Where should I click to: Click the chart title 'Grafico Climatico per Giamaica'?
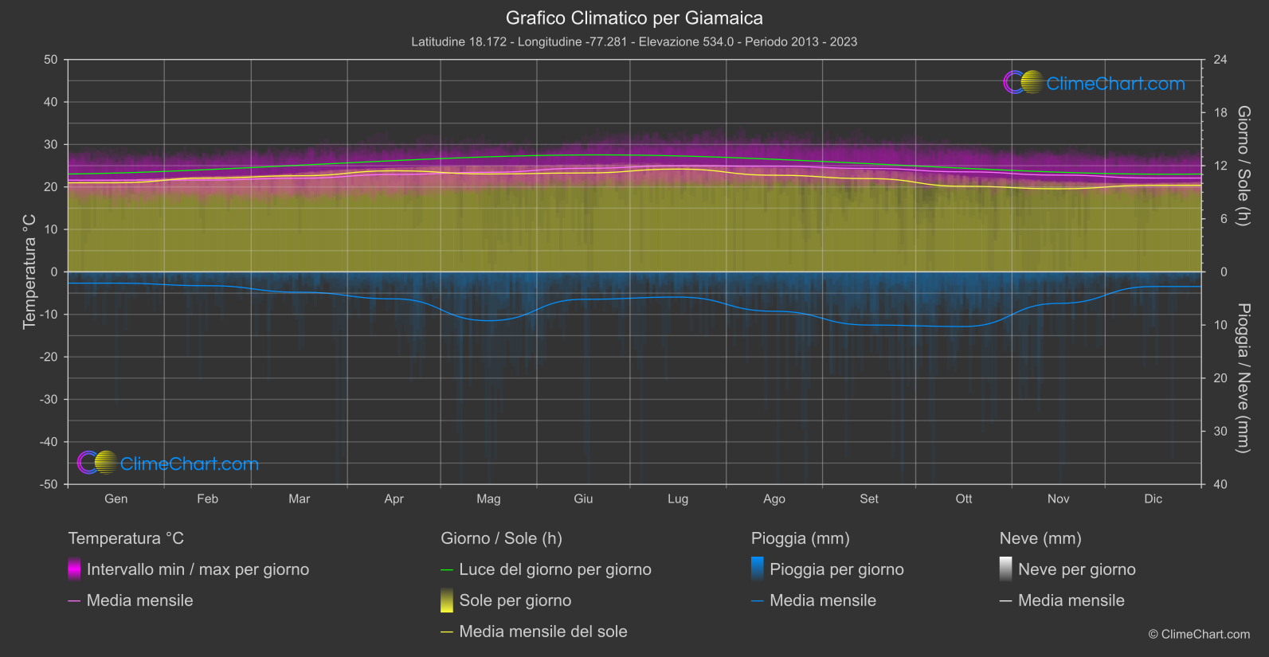634,18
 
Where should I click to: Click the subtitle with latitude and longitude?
634,41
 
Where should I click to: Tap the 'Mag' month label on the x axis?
488,499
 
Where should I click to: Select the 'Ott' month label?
964,499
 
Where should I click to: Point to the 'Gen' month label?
116,499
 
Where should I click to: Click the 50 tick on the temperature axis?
51,60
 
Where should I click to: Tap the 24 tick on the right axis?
1220,60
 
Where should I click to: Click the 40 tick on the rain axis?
1220,484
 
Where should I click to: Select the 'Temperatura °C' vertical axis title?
29,272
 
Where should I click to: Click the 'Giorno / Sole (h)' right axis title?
1243,166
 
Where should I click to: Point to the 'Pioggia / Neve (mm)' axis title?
1243,378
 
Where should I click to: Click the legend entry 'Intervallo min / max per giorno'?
198,569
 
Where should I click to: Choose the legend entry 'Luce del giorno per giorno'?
555,569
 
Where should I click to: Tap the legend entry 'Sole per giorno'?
515,600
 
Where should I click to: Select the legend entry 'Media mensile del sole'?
543,632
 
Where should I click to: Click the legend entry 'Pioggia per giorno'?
836,569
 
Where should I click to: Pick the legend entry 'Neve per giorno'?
1077,569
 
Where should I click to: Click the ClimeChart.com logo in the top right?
1095,83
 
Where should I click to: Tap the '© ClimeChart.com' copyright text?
1199,634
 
